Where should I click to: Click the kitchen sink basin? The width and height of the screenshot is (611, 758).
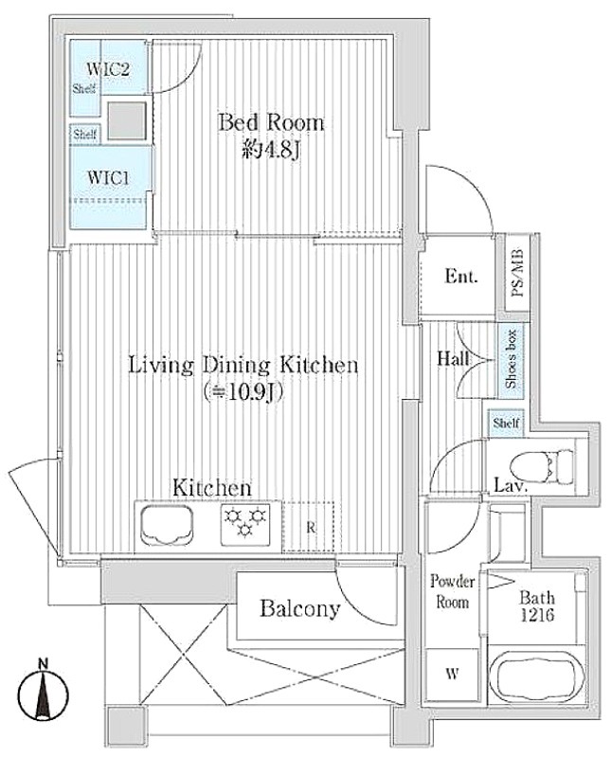(167, 526)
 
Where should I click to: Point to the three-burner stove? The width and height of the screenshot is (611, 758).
(245, 525)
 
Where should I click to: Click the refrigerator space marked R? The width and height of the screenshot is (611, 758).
(309, 527)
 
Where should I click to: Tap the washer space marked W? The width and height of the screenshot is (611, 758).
(452, 674)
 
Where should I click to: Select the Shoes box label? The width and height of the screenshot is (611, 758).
(512, 359)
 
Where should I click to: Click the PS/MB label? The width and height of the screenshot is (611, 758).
(517, 273)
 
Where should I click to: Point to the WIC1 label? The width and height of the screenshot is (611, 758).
(108, 177)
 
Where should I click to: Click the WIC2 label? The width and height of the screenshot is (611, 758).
(108, 69)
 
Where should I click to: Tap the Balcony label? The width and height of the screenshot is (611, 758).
(299, 608)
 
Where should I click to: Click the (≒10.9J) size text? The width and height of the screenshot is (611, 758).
(243, 392)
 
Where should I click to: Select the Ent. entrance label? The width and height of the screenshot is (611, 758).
(461, 277)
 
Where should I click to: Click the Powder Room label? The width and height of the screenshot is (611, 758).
(453, 591)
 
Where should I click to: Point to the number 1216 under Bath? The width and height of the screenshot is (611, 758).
(537, 615)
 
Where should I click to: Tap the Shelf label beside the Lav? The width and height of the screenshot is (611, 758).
(506, 424)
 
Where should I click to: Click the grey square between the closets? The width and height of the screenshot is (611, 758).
(126, 121)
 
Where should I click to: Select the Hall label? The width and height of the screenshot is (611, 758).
(453, 358)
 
